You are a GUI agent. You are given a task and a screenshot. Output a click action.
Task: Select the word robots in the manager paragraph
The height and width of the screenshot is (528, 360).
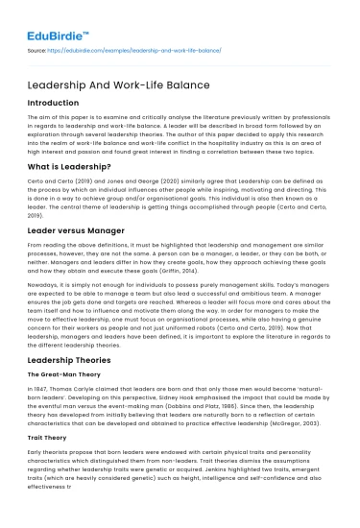point(208,344)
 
